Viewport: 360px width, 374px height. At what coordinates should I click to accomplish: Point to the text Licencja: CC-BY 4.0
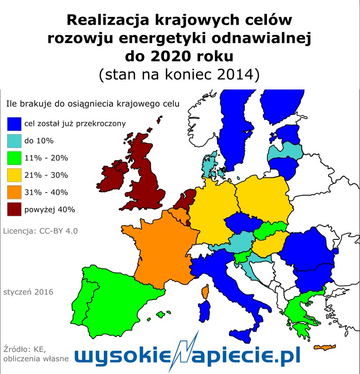[40, 231]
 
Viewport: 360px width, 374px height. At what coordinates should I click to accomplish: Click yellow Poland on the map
[262, 195]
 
